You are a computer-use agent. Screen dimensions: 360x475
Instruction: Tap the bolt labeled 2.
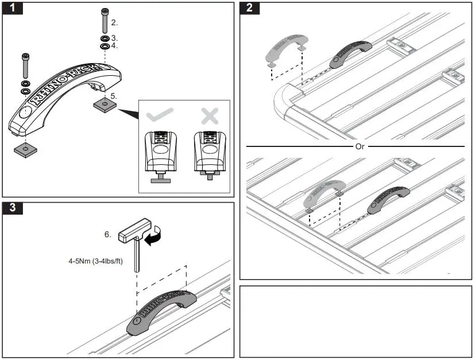[x=104, y=22]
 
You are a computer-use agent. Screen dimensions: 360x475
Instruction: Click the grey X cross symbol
[x=210, y=116]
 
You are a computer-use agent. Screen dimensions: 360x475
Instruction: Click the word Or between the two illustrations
[x=360, y=146]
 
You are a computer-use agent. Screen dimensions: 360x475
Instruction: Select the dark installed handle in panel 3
[x=162, y=310]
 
